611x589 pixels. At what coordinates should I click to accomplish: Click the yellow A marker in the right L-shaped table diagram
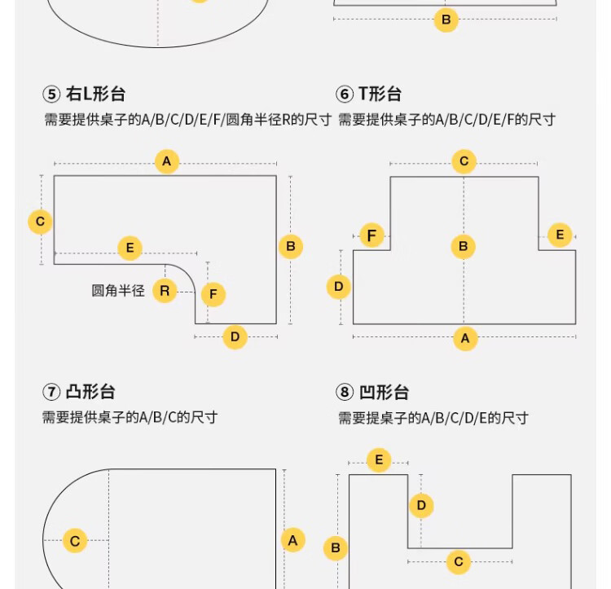point(167,161)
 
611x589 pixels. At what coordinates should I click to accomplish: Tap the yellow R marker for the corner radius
point(165,291)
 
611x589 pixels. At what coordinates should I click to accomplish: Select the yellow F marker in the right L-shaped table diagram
point(213,294)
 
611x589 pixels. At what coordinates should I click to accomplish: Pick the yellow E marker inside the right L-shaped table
point(130,248)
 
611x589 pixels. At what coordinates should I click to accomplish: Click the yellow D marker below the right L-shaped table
point(235,337)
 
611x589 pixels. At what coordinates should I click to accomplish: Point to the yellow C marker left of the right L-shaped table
point(40,222)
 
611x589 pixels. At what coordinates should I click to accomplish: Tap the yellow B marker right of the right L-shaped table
point(291,247)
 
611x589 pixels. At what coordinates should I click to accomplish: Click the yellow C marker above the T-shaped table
point(464,160)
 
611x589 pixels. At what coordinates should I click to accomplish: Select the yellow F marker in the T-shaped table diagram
point(372,235)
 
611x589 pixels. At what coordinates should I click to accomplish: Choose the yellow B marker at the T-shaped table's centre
point(464,247)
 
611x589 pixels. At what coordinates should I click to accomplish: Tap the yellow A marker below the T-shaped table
point(465,339)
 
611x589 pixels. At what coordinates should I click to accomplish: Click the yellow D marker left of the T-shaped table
point(339,287)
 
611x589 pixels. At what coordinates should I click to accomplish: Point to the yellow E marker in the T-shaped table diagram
point(560,235)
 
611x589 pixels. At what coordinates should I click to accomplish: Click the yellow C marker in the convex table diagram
point(75,540)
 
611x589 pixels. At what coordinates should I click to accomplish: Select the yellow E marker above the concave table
point(379,460)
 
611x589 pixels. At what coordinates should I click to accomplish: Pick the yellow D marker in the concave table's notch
point(421,506)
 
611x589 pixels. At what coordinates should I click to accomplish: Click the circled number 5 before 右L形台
point(51,95)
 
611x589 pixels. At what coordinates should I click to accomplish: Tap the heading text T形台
point(380,94)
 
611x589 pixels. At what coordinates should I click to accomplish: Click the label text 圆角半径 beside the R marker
point(118,291)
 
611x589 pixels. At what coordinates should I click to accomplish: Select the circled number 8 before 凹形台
point(345,393)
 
